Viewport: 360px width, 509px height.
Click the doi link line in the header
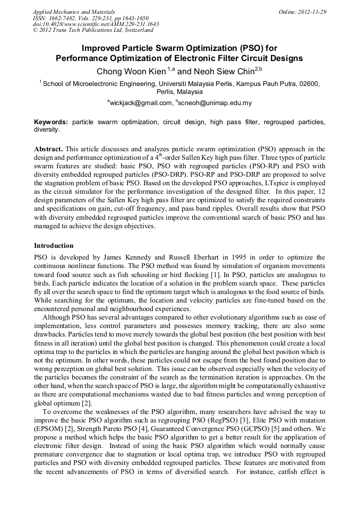pyautogui.click(x=96, y=24)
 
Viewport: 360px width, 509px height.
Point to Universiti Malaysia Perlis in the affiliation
pyautogui.click(x=192, y=84)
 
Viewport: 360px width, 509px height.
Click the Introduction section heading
pyautogui.click(x=54, y=246)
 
